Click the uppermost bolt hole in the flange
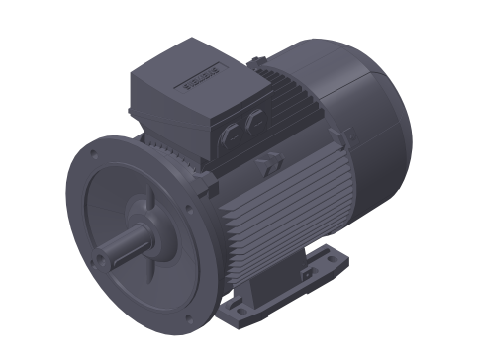pos(94,154)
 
